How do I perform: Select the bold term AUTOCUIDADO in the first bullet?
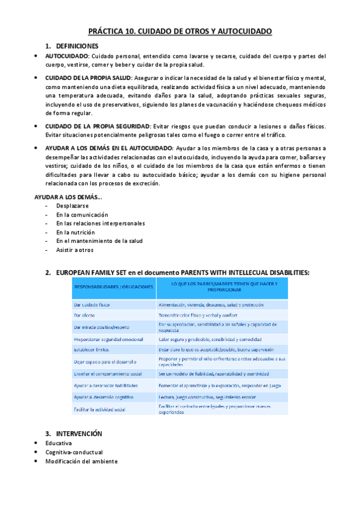coord(67,56)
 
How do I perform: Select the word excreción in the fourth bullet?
coord(147,183)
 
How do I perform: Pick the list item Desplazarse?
coord(73,206)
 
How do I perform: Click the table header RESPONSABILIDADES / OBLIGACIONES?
coord(113,287)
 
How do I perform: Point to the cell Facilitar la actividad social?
coord(100,409)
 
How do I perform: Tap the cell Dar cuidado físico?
coord(92,304)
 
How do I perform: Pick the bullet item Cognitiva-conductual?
coord(74,452)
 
